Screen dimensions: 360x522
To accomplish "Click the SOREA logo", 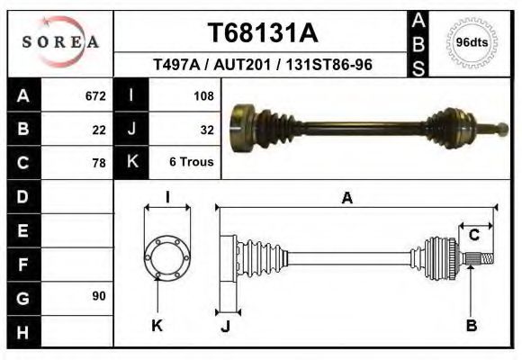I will point(60,41).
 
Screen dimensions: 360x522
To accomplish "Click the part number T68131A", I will point(263,33).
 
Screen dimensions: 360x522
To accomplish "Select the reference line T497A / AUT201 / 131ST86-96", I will point(264,65).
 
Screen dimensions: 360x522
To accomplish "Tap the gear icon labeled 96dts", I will point(472,42).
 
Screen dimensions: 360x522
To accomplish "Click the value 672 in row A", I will point(95,95).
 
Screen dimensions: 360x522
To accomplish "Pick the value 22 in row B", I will point(99,129).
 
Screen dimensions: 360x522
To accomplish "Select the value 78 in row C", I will point(99,163).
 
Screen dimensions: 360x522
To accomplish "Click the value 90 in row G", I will point(99,296).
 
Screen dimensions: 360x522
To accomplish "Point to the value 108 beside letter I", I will point(203,95).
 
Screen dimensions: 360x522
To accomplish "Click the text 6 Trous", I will point(191,163).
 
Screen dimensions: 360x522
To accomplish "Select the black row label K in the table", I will point(131,163).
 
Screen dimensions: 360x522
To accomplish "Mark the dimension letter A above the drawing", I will point(346,199).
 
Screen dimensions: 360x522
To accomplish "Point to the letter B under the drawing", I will point(471,326).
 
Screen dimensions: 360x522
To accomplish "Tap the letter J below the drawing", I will point(225,326).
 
